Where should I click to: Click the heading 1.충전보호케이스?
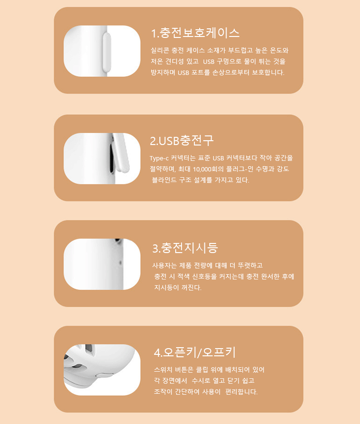[x=195, y=33]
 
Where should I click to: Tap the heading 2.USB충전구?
[x=181, y=141]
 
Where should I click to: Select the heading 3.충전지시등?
[x=185, y=248]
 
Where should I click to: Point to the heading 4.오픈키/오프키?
[x=194, y=352]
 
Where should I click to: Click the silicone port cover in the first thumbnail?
[x=107, y=51]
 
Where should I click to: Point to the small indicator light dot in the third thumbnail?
[x=120, y=262]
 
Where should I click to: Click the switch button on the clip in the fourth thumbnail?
[x=105, y=375]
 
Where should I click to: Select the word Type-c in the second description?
[x=159, y=158]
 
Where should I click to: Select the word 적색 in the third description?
[x=183, y=277]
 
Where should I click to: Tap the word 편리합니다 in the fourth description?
[x=241, y=392]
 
